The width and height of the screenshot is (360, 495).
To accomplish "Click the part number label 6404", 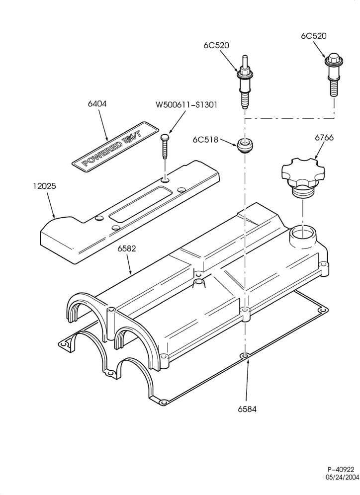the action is click(x=97, y=103).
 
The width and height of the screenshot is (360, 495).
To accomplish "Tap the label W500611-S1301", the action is click(x=186, y=104).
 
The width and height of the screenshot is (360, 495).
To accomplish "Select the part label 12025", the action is click(x=44, y=186).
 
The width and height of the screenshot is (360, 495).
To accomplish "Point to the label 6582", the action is click(x=127, y=248).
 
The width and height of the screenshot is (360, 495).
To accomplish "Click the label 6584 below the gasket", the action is click(x=247, y=409).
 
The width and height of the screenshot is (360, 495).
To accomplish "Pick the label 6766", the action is click(x=324, y=138).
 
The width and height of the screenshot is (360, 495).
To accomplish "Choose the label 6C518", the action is click(x=205, y=139).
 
